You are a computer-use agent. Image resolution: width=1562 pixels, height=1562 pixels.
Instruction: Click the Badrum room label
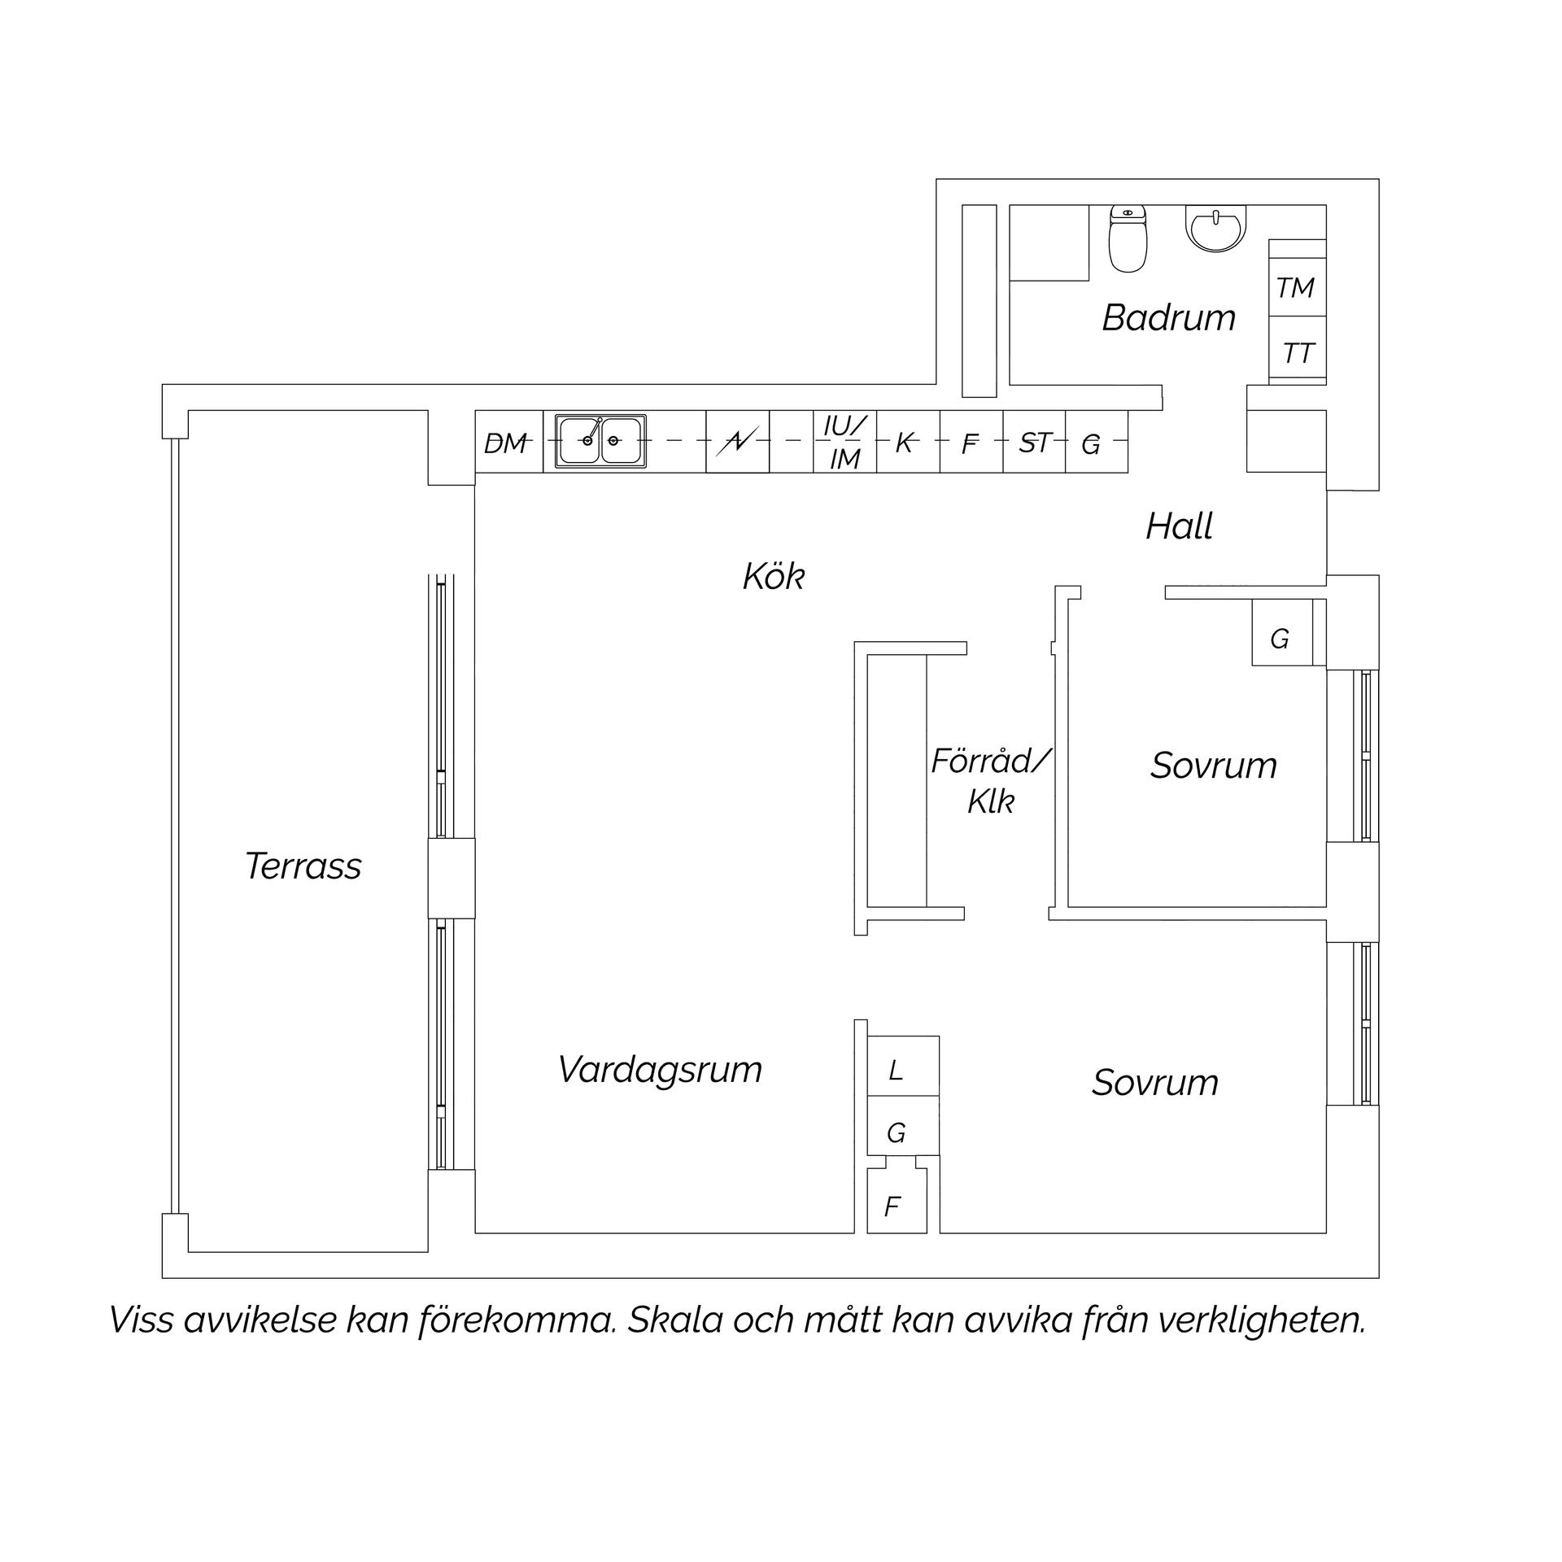[1169, 317]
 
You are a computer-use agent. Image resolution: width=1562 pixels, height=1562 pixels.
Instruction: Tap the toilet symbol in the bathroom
[1128, 238]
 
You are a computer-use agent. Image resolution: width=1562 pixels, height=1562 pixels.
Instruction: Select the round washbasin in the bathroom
[1215, 229]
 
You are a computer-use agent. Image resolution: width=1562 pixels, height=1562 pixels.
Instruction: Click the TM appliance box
[1298, 287]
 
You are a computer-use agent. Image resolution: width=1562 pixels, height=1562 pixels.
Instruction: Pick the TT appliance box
[1298, 351]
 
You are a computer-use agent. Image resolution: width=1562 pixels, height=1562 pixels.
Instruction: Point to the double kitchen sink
[600, 441]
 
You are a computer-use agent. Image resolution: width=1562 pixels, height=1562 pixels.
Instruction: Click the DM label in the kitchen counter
[505, 443]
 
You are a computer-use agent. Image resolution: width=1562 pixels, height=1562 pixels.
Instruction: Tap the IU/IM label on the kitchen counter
[845, 442]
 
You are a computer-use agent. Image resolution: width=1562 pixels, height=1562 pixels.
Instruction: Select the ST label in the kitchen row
[1035, 443]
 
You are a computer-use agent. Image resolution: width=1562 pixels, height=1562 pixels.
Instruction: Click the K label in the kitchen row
[905, 443]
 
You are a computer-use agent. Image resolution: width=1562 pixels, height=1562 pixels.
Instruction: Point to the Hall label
[1179, 526]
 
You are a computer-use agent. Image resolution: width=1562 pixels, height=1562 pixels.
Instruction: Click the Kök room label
[774, 577]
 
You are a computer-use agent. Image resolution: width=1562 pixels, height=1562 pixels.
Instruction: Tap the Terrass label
[303, 866]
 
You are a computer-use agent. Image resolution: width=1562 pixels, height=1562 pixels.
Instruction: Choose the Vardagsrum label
[660, 1070]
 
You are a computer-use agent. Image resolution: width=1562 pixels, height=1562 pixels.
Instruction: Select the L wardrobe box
[903, 1066]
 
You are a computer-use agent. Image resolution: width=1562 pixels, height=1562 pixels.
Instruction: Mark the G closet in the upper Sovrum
[1282, 632]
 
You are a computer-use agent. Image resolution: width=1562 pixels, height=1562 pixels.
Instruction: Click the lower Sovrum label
[1154, 1083]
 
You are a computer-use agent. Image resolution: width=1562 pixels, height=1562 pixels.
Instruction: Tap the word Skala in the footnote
[674, 1320]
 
